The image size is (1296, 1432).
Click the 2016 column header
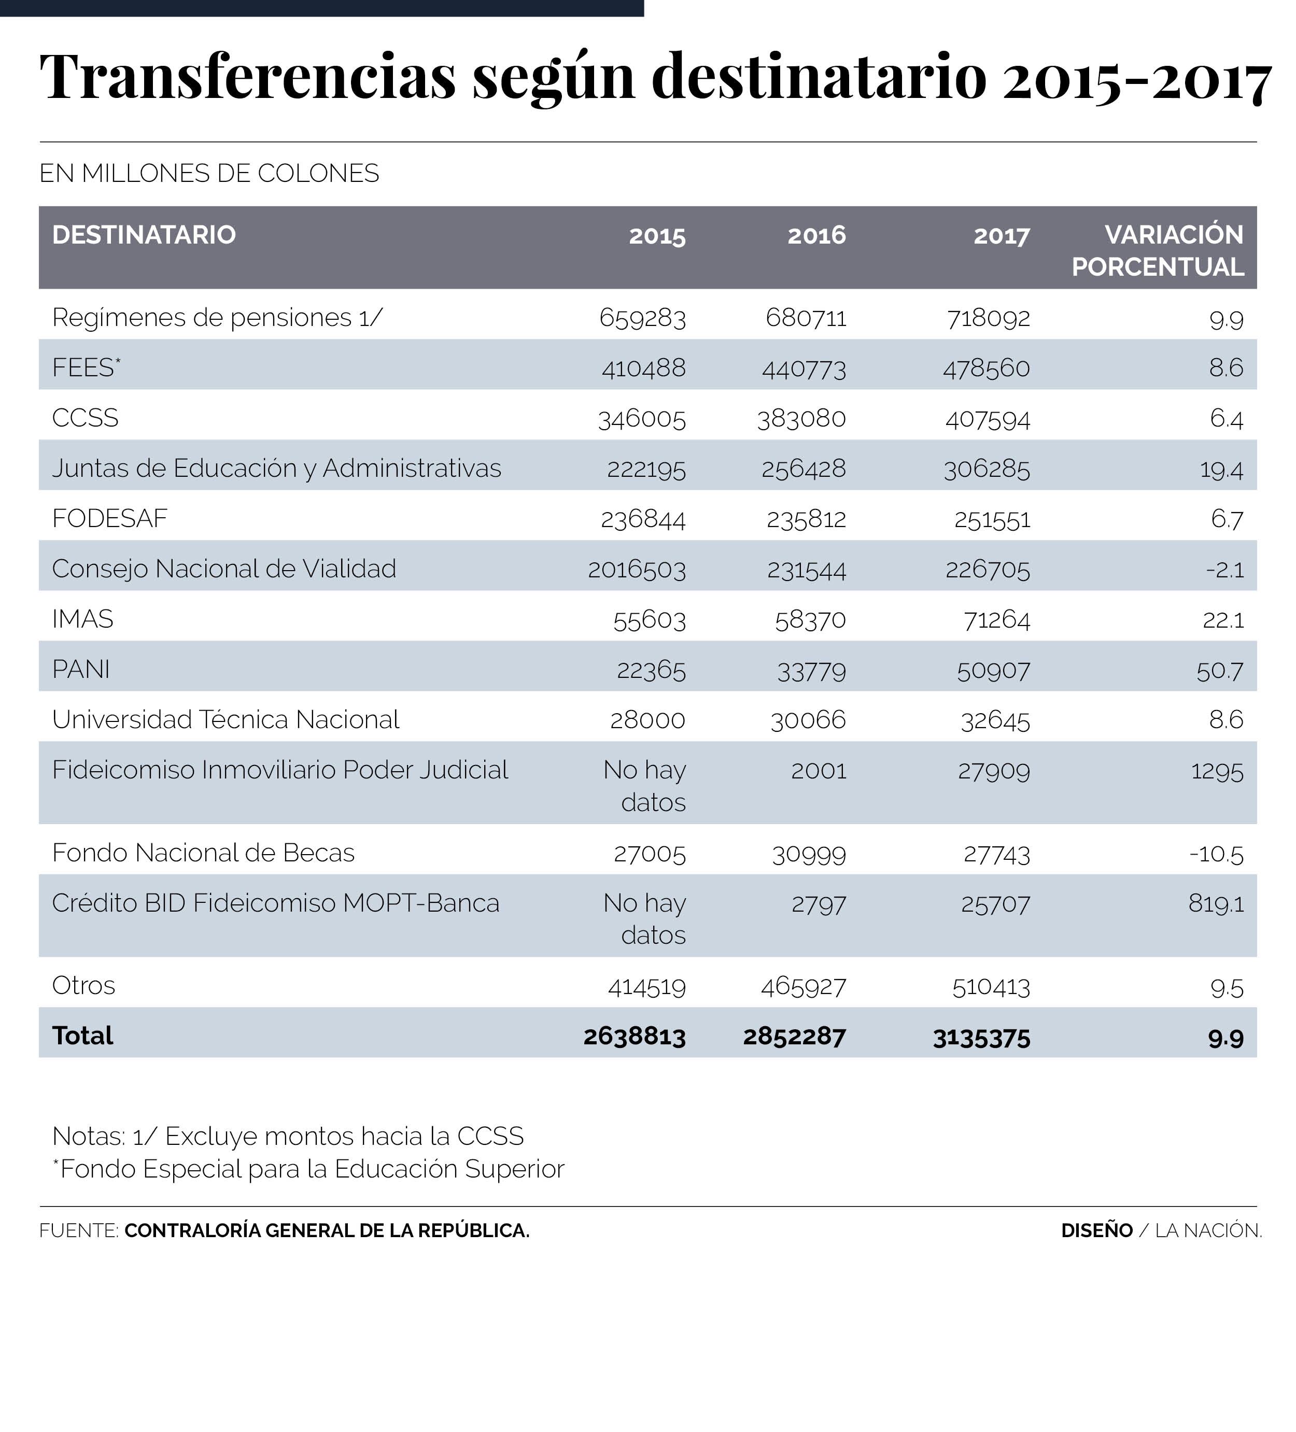click(x=816, y=235)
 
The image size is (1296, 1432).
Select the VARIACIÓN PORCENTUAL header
click(x=1158, y=250)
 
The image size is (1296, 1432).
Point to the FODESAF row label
click(x=109, y=518)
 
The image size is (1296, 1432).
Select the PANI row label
click(x=81, y=669)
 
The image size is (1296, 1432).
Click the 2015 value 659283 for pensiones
click(x=642, y=318)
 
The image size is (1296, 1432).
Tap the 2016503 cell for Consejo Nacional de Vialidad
click(x=637, y=570)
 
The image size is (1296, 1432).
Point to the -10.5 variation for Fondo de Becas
click(x=1216, y=853)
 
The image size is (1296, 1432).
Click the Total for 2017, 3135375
click(x=981, y=1038)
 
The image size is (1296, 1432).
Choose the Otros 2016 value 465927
click(x=803, y=987)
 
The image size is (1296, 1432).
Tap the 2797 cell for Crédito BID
click(x=819, y=904)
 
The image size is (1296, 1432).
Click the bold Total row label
click(x=82, y=1036)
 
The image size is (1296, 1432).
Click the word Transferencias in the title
click(x=248, y=77)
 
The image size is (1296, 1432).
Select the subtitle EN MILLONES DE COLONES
click(x=209, y=173)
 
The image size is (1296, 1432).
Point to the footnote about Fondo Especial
click(x=308, y=1169)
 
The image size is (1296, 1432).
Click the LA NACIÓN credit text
click(x=1208, y=1231)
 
